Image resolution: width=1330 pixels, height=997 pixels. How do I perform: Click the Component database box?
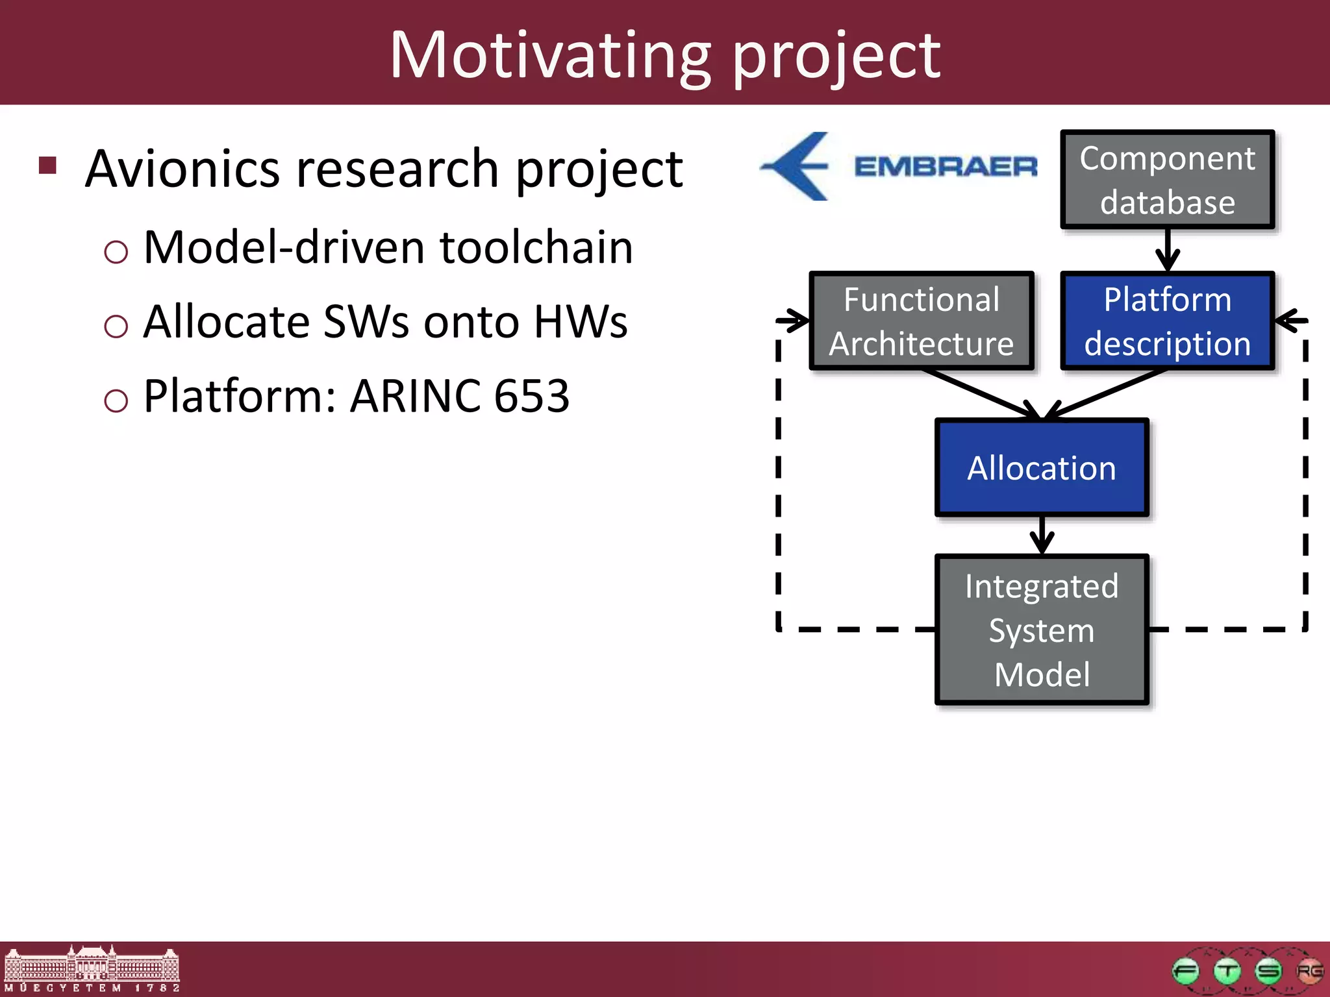coord(1167,180)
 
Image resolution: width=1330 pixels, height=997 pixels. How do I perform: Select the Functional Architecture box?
coord(921,321)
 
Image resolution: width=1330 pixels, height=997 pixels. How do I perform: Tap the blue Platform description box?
coord(1167,321)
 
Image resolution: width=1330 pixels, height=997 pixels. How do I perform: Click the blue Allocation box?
coord(1042,468)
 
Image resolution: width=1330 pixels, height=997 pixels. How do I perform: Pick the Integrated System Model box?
coord(1042,630)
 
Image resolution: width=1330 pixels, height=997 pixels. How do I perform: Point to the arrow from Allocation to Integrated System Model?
coord(1042,536)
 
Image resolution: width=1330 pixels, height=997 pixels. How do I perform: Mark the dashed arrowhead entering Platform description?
coord(1288,320)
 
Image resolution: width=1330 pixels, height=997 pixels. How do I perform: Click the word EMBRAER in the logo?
coord(946,167)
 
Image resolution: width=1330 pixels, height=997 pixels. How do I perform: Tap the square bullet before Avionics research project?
coord(48,166)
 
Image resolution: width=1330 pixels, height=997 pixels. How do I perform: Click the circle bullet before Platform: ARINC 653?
coord(116,400)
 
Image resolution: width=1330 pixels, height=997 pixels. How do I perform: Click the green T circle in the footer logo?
coord(1227,972)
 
